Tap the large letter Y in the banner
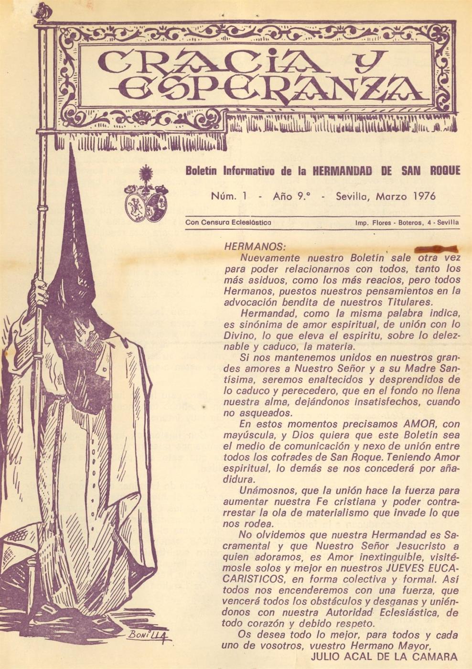click(x=362, y=62)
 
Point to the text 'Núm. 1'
click(x=228, y=196)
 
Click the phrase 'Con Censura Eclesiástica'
click(x=228, y=222)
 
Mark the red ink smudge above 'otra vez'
click(x=436, y=248)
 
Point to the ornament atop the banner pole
click(x=43, y=11)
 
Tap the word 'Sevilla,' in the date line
click(x=353, y=196)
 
